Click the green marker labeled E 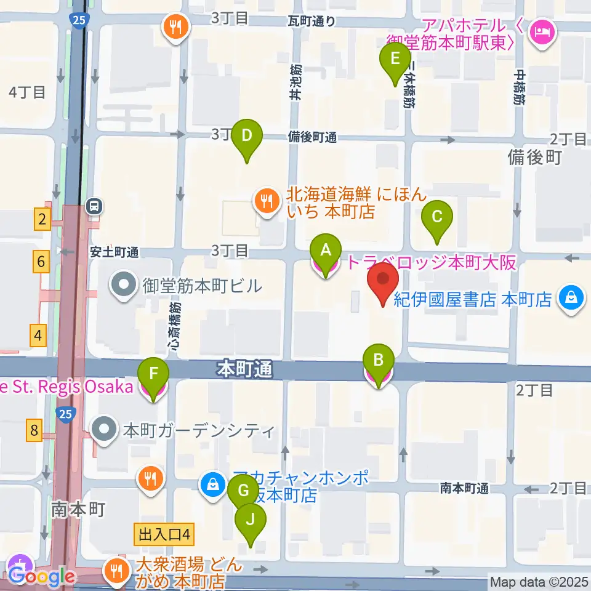(396, 60)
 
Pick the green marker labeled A (326, 251)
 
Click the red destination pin (383, 280)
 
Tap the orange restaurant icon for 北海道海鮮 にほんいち (266, 201)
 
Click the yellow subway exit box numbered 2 (42, 219)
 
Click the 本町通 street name (244, 370)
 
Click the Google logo (42, 577)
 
